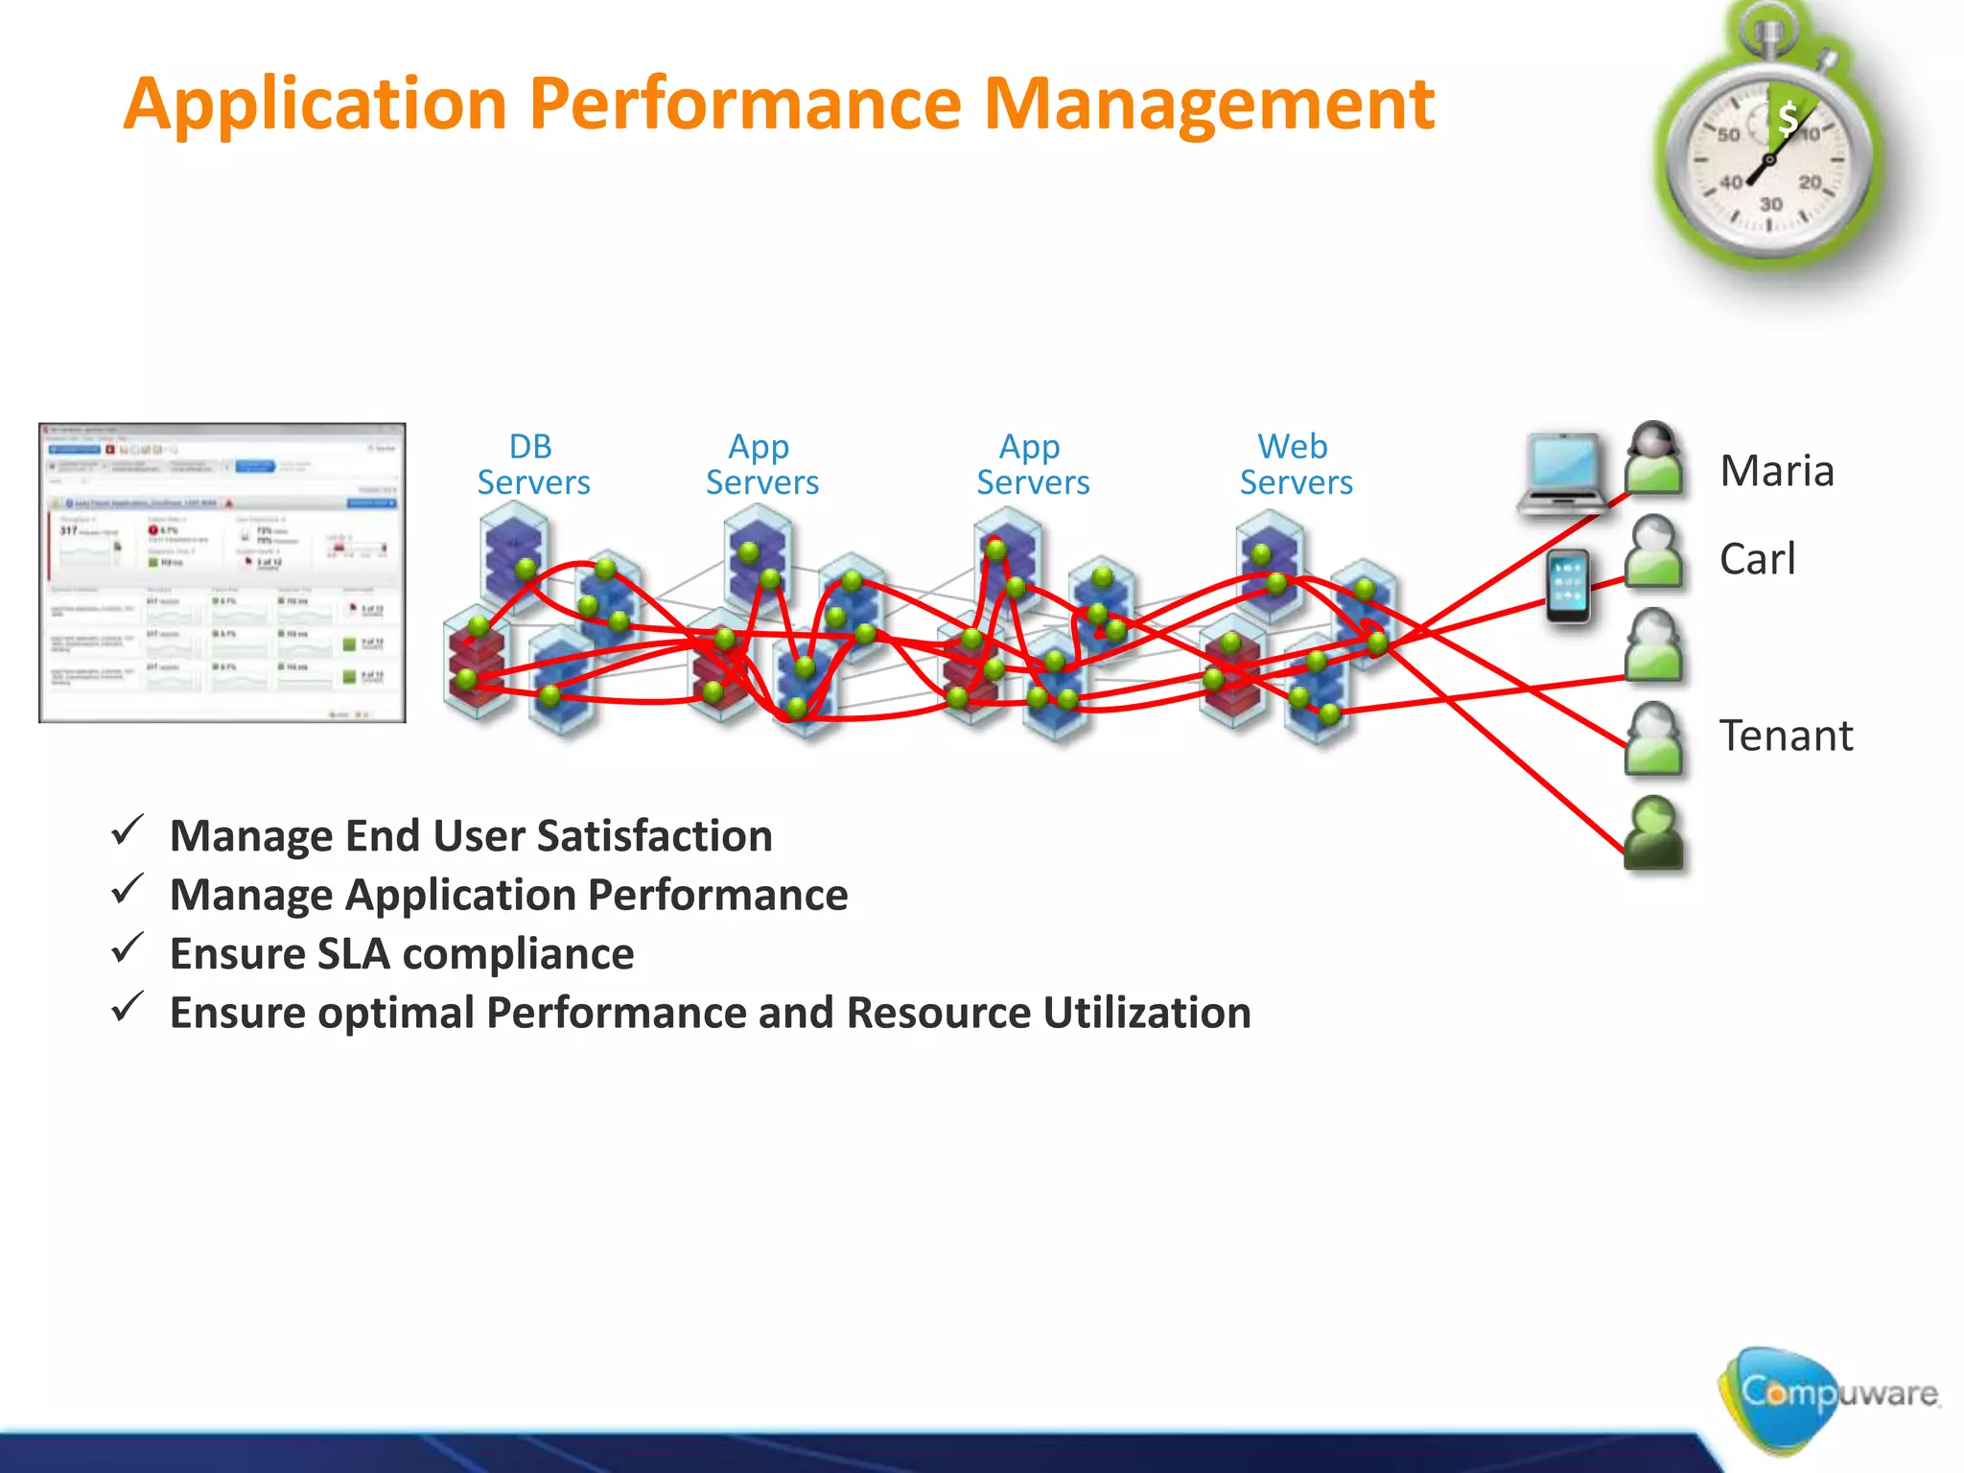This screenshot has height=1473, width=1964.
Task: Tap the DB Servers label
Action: tap(533, 465)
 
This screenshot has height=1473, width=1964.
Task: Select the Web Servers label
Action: tap(1296, 465)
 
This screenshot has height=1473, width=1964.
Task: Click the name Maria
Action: tap(1776, 471)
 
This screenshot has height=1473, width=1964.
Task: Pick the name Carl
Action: tap(1757, 559)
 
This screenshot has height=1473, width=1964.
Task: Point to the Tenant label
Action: tap(1786, 736)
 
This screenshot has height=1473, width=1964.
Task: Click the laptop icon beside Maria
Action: tap(1563, 475)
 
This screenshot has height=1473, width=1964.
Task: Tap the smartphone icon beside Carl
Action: tap(1569, 587)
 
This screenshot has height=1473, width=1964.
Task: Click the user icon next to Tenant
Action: tap(1653, 737)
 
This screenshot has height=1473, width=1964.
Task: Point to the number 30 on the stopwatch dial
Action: tap(1770, 204)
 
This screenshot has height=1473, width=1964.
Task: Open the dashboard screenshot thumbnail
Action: tap(222, 573)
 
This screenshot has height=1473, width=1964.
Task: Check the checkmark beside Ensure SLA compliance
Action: tap(128, 949)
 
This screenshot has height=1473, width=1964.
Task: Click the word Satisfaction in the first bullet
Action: tap(654, 836)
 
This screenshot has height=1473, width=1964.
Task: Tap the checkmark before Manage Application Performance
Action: tap(128, 890)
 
